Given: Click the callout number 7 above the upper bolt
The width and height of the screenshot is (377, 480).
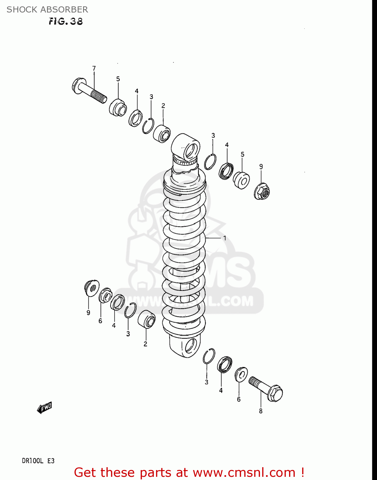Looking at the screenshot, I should pyautogui.click(x=94, y=68).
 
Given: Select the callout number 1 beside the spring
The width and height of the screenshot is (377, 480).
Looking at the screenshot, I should pyautogui.click(x=225, y=238).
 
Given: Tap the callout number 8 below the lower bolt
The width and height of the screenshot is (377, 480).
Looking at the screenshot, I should pyautogui.click(x=261, y=411).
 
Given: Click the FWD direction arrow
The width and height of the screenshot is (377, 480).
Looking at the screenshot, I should pyautogui.click(x=44, y=408).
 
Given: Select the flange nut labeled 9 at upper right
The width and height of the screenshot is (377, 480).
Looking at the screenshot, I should pyautogui.click(x=262, y=192).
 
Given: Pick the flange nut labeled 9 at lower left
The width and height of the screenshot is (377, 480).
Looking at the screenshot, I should pyautogui.click(x=92, y=288).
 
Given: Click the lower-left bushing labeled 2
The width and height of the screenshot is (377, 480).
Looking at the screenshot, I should pyautogui.click(x=146, y=319).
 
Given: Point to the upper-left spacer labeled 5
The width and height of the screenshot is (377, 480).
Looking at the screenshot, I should pyautogui.click(x=118, y=107).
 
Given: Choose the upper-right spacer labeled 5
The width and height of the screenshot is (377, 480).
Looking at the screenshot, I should pyautogui.click(x=241, y=180).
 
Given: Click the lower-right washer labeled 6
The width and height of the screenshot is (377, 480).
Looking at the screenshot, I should pyautogui.click(x=241, y=375).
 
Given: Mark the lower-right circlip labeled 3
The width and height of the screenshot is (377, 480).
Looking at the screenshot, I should pyautogui.click(x=209, y=356).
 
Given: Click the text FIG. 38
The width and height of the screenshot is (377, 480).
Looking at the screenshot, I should pyautogui.click(x=66, y=21).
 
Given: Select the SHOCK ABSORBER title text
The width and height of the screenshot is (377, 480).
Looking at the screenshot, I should pyautogui.click(x=47, y=10).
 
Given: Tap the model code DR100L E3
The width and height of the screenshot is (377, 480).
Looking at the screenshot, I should pyautogui.click(x=38, y=461).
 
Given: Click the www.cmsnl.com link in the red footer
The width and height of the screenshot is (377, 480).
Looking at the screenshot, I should pyautogui.click(x=244, y=473).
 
